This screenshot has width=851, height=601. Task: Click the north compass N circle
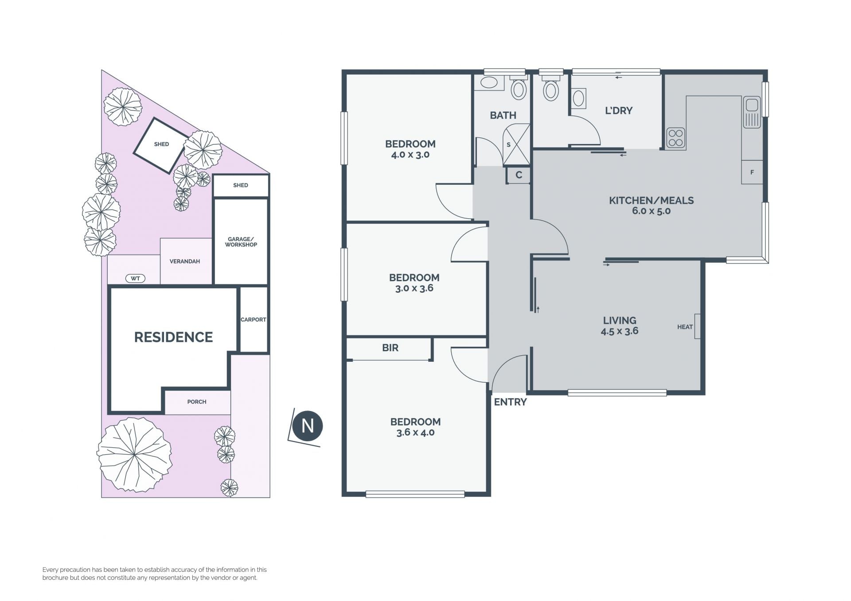tap(308, 426)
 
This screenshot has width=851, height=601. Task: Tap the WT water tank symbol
tap(136, 279)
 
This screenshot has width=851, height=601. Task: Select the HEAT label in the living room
tap(685, 327)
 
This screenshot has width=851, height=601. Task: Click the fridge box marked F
tap(752, 172)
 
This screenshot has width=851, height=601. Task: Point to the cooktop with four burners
tap(676, 138)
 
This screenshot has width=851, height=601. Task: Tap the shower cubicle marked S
tap(517, 145)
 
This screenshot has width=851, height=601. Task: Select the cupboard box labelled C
tap(519, 175)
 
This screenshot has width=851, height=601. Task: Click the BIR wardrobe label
tap(390, 348)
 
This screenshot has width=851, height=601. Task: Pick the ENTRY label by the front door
tap(510, 402)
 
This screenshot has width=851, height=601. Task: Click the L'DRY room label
tap(619, 111)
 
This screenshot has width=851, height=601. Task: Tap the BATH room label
tap(503, 116)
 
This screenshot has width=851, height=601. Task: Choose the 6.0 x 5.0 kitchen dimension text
tap(651, 211)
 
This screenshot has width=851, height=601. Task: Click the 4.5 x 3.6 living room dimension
tap(620, 331)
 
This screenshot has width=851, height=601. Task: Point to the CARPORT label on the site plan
tap(254, 320)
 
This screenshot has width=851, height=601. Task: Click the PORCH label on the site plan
tap(197, 402)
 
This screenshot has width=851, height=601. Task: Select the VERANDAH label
tap(185, 261)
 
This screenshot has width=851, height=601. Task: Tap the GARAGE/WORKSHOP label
tap(241, 242)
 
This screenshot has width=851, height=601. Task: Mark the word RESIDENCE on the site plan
tap(174, 337)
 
